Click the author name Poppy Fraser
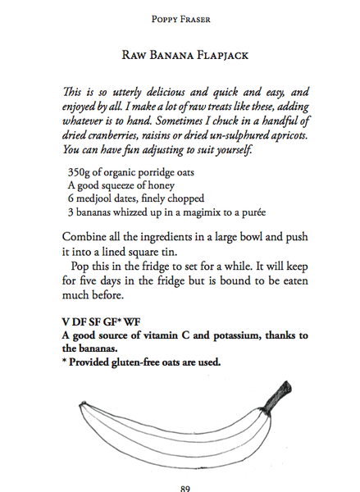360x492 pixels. [181, 17]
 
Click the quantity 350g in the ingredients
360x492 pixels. [79, 174]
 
